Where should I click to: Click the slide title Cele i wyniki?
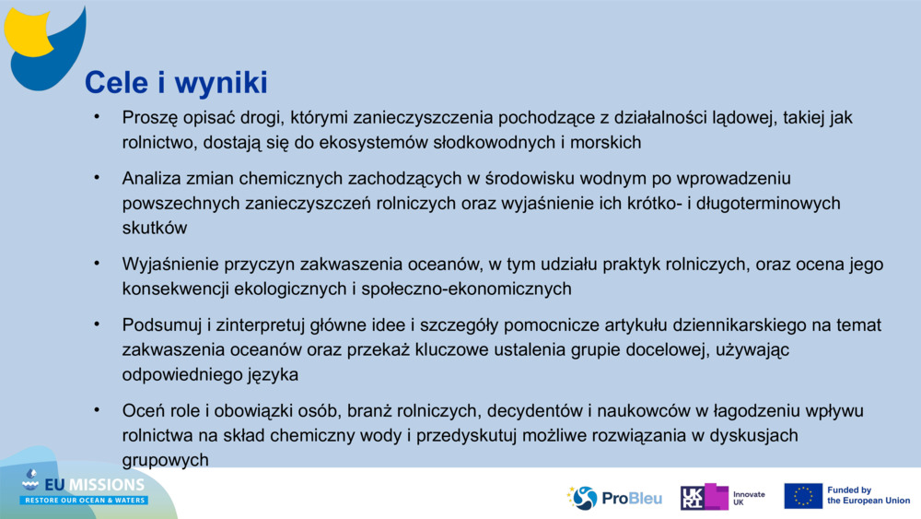point(176,83)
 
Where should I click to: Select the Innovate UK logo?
point(723,498)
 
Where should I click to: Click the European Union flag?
point(803,496)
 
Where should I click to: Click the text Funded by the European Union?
point(868,496)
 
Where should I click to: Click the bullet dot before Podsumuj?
point(97,325)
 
